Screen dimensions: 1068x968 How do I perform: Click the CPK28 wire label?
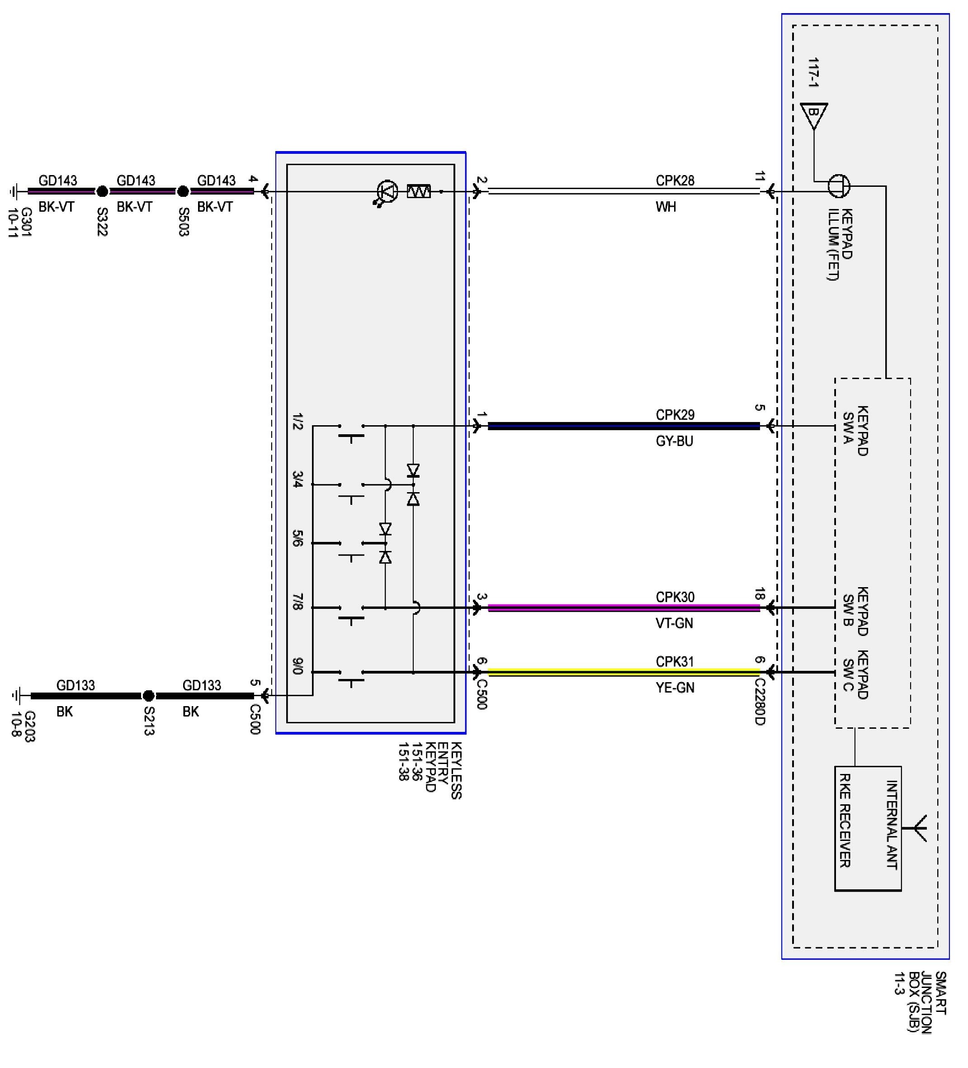(674, 180)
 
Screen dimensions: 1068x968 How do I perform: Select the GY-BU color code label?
(674, 441)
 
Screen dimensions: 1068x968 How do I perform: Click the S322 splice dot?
(102, 191)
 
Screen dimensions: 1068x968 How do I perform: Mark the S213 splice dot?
(149, 696)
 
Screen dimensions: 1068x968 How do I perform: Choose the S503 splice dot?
(183, 191)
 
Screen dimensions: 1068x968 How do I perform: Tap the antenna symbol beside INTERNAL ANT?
(921, 827)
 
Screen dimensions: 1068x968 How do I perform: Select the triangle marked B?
(814, 114)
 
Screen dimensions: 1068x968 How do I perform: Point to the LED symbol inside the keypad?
(387, 192)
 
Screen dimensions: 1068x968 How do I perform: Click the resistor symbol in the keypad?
(419, 191)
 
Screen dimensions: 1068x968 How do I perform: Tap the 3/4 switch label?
(297, 479)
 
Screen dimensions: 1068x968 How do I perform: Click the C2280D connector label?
(760, 702)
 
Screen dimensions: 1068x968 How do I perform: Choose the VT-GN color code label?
(674, 623)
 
